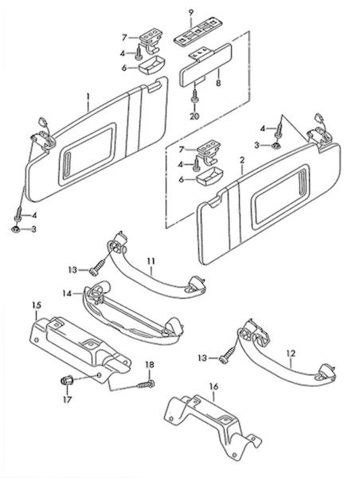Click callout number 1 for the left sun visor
tap(88, 97)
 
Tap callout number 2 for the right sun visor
tap(242, 160)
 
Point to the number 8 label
tap(218, 83)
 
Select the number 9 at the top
tap(191, 13)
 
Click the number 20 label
tap(194, 116)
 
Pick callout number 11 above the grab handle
tap(151, 261)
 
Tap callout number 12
tap(291, 354)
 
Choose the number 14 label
tap(67, 293)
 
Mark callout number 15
tap(37, 305)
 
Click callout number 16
tap(214, 387)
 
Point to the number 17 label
tap(67, 399)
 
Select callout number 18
tap(150, 365)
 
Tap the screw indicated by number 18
tap(146, 384)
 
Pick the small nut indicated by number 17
tap(66, 381)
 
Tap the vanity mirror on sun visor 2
tap(280, 196)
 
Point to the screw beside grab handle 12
tap(228, 355)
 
